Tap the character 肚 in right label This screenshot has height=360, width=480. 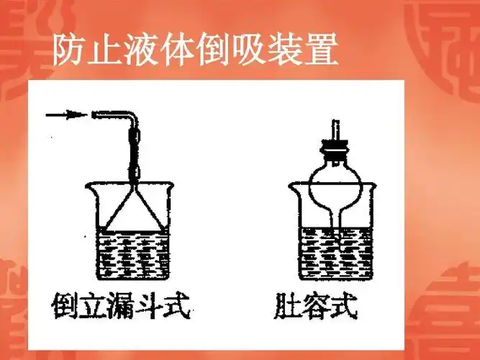[x=287, y=309]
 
